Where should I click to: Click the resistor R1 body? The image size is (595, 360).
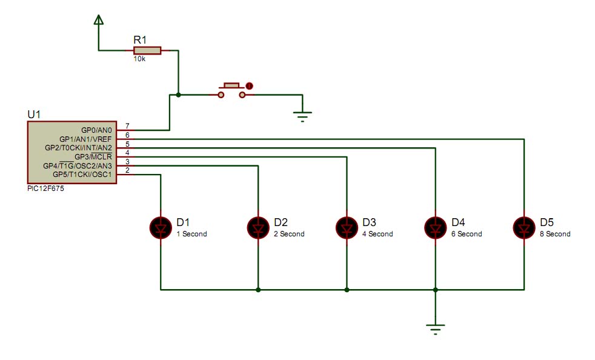[x=147, y=50]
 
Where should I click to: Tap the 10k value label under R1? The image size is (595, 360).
[x=139, y=59]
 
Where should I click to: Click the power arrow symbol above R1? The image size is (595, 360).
[x=99, y=20]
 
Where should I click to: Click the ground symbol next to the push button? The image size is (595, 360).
[x=302, y=116]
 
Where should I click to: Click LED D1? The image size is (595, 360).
[x=161, y=228]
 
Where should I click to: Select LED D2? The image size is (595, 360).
[x=258, y=228]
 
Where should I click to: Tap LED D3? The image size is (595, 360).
[x=347, y=228]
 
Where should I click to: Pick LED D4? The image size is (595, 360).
[x=435, y=228]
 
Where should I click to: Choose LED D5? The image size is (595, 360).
[x=524, y=228]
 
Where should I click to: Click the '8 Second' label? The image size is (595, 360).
[x=555, y=234]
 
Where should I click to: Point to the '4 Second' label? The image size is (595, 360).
[x=377, y=234]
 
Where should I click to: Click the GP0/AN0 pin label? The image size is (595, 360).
[x=96, y=130]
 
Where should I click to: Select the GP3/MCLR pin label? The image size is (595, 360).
[x=93, y=157]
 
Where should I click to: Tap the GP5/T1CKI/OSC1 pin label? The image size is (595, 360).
[x=82, y=175]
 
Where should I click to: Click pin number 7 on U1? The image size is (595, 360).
[x=127, y=125]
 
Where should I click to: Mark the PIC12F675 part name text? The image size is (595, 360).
[x=45, y=188]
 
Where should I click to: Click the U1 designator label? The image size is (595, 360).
[x=34, y=115]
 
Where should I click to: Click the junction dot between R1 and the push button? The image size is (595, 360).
[x=178, y=95]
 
